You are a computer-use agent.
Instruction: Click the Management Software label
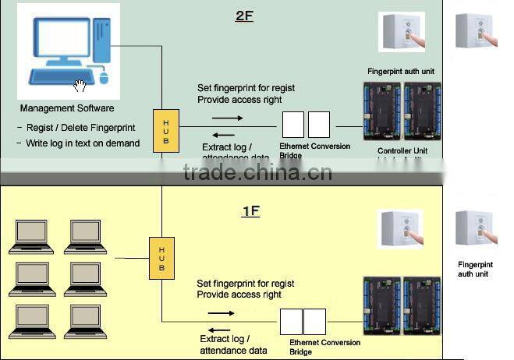tap(67, 108)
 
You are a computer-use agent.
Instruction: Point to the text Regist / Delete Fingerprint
tap(76, 128)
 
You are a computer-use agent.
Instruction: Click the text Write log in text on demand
tap(78, 143)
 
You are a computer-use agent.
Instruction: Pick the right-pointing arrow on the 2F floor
tap(227, 118)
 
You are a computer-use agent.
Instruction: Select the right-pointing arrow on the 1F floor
tap(221, 313)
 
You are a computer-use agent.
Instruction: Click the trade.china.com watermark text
tap(257, 172)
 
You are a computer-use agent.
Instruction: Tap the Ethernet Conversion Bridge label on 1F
tap(324, 347)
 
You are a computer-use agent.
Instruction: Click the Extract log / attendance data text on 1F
tap(233, 344)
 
